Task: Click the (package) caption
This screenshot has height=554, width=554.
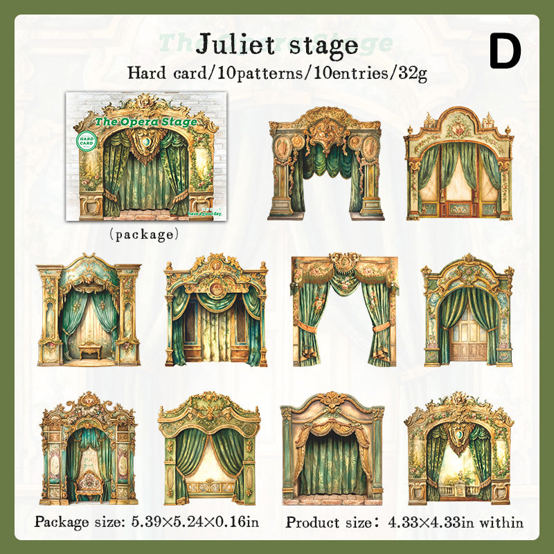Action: point(144,234)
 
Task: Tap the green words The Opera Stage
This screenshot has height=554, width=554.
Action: point(146,122)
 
